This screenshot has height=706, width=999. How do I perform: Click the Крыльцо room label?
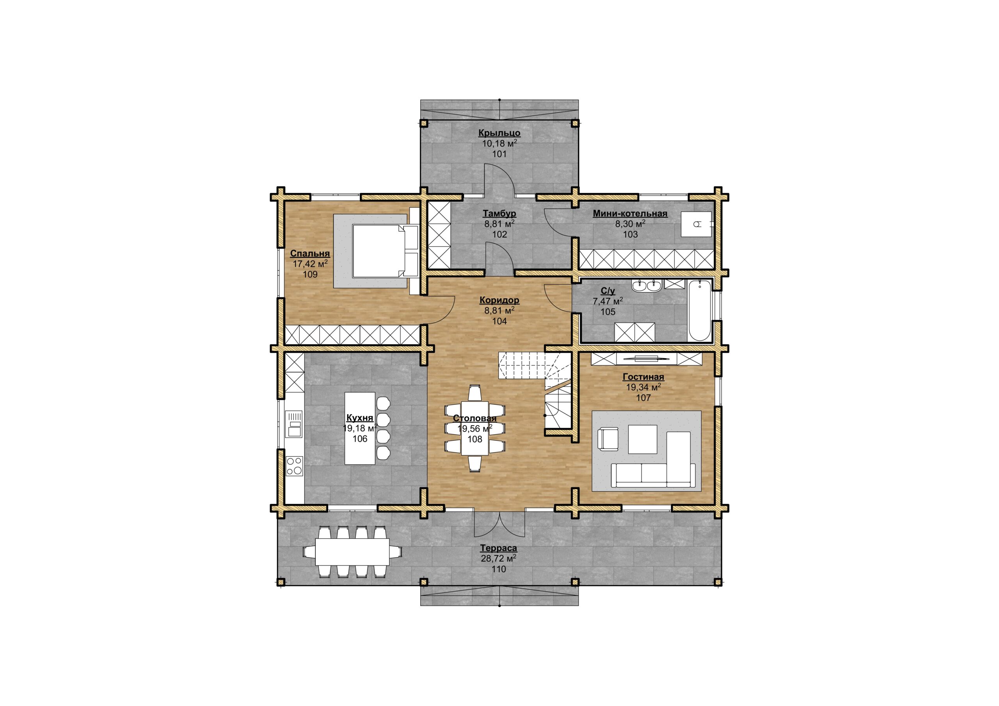click(499, 133)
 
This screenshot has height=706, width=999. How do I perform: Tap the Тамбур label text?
click(499, 214)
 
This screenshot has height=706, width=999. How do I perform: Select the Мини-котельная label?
click(630, 214)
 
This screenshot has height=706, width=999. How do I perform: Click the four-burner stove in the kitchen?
click(295, 465)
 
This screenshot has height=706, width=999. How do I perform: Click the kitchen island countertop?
click(360, 428)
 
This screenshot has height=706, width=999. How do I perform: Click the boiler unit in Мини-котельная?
click(696, 224)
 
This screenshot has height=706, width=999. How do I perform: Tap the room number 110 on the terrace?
click(499, 569)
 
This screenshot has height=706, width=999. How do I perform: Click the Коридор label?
click(499, 300)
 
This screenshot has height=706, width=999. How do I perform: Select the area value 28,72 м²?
click(499, 559)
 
